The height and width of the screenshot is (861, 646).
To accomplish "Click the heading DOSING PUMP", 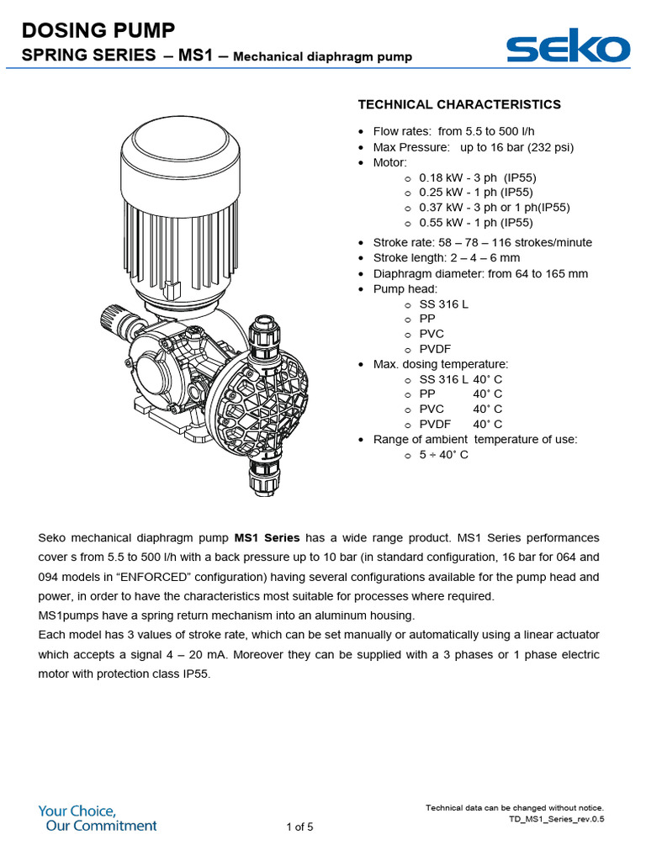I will [98, 31].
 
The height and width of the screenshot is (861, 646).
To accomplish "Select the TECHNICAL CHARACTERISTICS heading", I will [459, 104].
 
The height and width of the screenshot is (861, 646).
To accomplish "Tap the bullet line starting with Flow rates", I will [453, 131].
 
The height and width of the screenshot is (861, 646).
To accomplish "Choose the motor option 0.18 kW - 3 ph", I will [477, 177].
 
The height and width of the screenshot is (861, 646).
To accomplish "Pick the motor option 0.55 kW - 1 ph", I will [475, 223].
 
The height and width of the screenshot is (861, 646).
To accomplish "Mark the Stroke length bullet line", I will [446, 257].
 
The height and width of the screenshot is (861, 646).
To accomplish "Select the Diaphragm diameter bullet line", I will [480, 273].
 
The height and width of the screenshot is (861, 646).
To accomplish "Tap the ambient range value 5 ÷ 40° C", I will [443, 455].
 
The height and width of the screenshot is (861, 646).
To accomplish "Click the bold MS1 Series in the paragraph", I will [267, 537].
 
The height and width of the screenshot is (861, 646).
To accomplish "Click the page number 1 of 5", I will [299, 827].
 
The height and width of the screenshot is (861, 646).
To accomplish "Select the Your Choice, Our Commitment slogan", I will [97, 818].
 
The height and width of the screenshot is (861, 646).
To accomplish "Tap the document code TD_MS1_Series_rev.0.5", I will [556, 818].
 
